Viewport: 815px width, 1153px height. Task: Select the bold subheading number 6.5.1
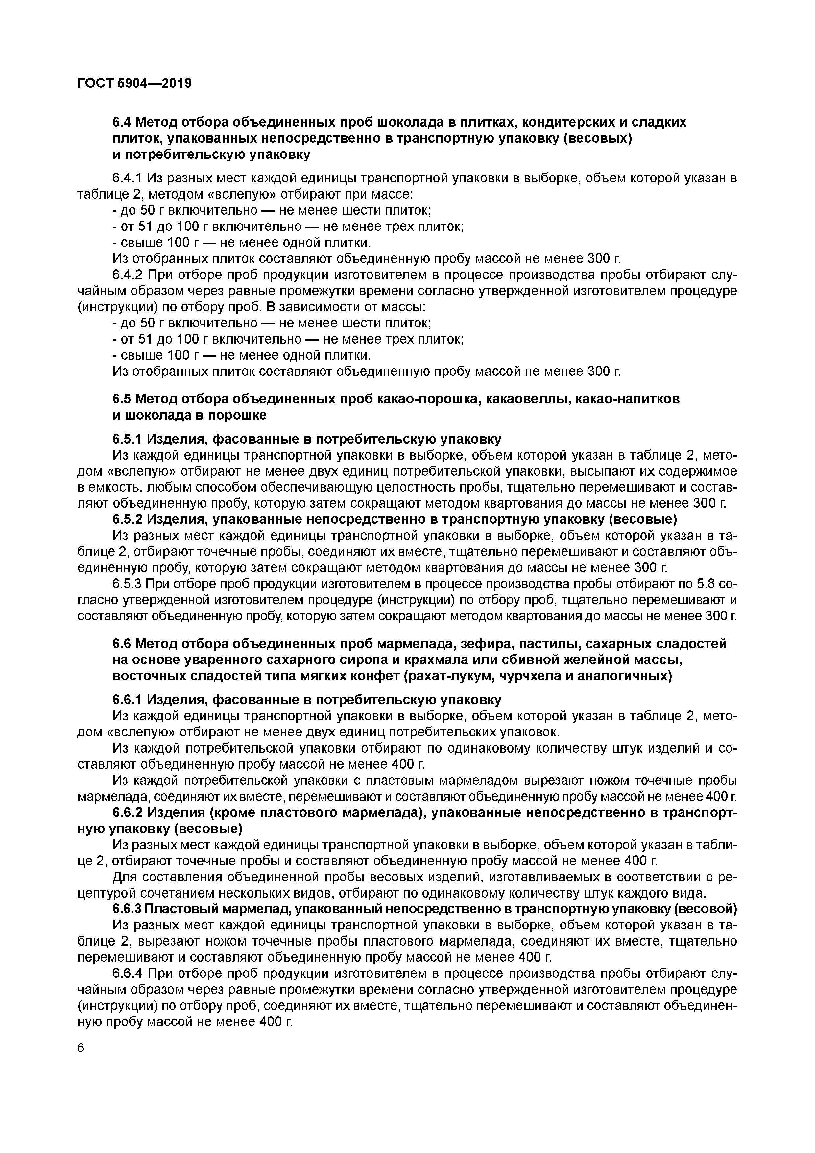[128, 439]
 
